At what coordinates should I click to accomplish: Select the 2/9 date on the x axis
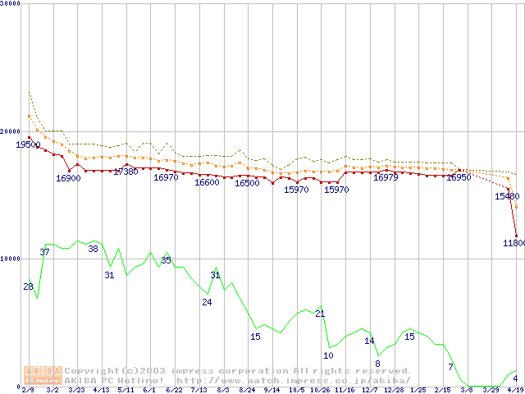coord(28,390)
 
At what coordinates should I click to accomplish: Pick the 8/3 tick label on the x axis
coord(222,390)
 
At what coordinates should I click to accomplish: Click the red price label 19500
coord(28,144)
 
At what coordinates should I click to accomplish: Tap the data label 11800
coord(513,243)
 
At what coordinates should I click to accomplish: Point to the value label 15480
coord(507,197)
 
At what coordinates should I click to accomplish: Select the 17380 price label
coord(126,172)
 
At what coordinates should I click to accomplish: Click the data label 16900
coord(68,178)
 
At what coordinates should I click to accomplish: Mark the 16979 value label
coord(386,177)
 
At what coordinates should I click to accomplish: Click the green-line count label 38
coord(93,249)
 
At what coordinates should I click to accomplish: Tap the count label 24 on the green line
coord(207,302)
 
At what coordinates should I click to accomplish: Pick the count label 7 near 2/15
coord(450,366)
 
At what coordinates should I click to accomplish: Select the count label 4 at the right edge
coord(515,378)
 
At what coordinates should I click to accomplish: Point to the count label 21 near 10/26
coord(320,314)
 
